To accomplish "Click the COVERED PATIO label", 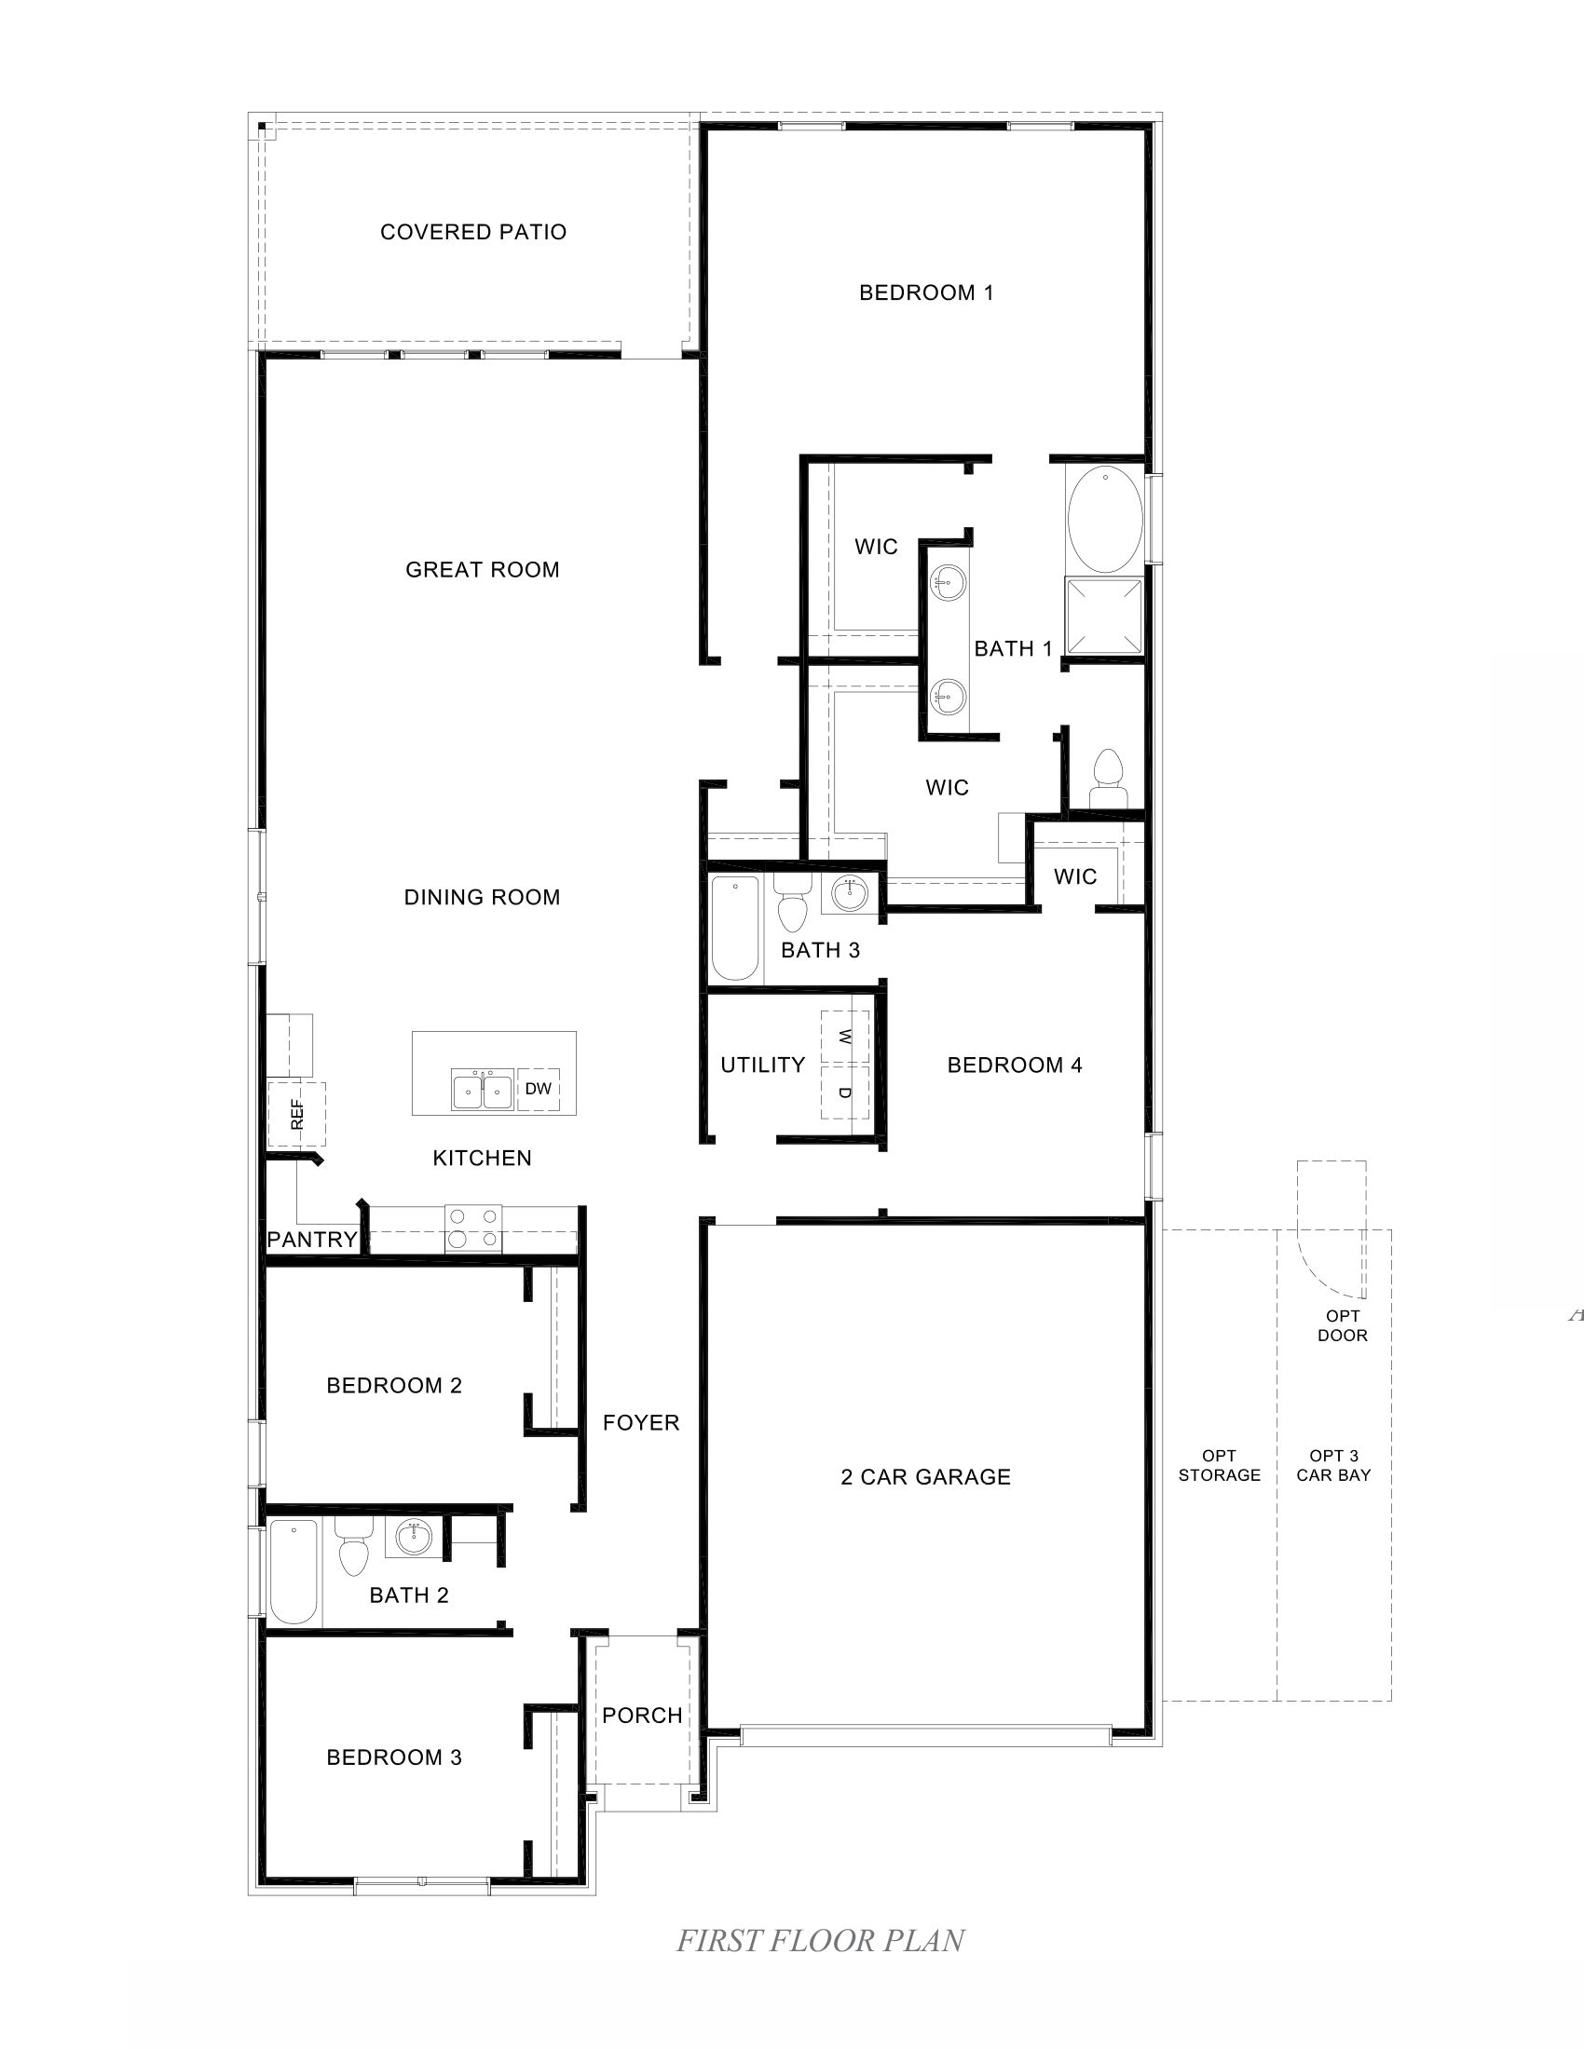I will coord(473,232).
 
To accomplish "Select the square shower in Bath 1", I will coord(1104,616).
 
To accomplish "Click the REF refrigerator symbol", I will coord(296,1114).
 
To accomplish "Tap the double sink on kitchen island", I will coord(483,1092).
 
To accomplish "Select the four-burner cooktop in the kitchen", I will coord(473,1228).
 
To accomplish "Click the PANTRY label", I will coord(311,1240).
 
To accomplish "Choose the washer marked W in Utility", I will coord(844,1037).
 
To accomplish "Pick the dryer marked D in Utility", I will coord(844,1092).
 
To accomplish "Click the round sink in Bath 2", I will coord(413,1537).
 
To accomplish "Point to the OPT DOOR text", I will coord(1342,1325).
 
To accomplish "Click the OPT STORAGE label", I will coord(1219,1465).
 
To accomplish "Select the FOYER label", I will coord(641,1422).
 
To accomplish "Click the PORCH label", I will coord(642,1715).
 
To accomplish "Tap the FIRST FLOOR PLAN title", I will coord(820,1940).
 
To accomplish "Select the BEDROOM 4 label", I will coord(1015,1065).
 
